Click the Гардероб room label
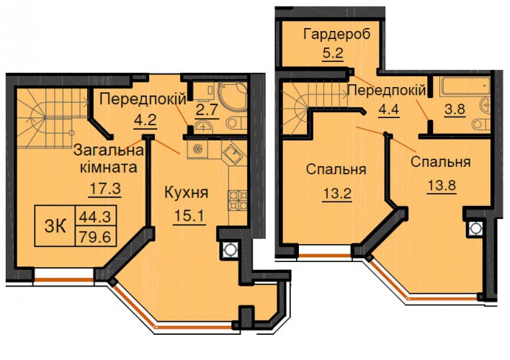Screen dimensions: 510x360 pos(336,35)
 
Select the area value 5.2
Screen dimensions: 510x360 pos(333,53)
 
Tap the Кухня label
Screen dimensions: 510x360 pos(187,192)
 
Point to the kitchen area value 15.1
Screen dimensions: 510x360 pos(190,215)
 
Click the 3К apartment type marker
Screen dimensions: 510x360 pos(55,225)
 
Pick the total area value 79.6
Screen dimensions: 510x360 pos(96,236)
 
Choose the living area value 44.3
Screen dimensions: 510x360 pos(96,216)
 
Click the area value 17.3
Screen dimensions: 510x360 pos(105,189)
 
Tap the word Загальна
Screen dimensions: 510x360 pos(109,150)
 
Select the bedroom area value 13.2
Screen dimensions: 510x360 pos(337,194)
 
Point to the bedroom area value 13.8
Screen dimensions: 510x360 pos(441,186)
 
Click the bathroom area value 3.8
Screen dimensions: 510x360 pos(455,109)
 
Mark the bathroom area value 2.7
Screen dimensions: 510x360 pos(206,110)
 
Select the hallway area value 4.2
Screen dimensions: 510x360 pos(146,120)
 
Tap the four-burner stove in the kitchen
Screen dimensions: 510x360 pos(238,200)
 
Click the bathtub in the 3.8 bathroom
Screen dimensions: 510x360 pos(465,86)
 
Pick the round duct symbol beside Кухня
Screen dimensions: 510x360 pos(230,250)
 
